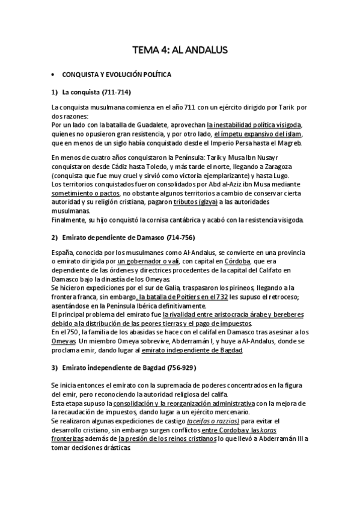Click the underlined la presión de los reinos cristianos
click(168, 439)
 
